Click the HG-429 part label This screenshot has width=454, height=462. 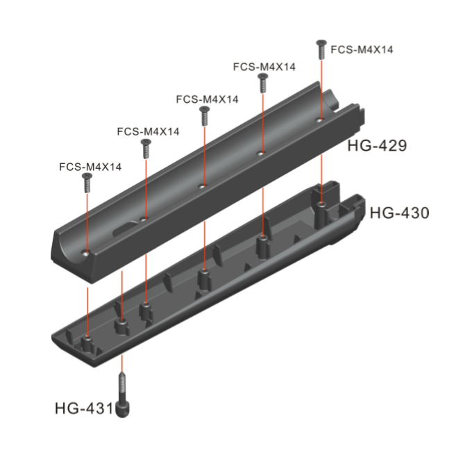coord(377,146)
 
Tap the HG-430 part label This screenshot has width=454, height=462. coord(399,213)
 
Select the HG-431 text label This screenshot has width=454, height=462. coord(84,409)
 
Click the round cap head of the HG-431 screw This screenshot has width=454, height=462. coord(122,409)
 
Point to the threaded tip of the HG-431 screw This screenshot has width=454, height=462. coord(122,374)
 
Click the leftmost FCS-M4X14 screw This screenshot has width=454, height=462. coord(87,183)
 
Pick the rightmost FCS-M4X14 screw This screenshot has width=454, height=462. coord(321,50)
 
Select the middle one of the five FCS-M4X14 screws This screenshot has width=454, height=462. coord(204,116)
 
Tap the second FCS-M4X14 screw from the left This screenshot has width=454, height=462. coord(146,149)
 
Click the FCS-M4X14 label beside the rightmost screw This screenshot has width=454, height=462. coord(362,49)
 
